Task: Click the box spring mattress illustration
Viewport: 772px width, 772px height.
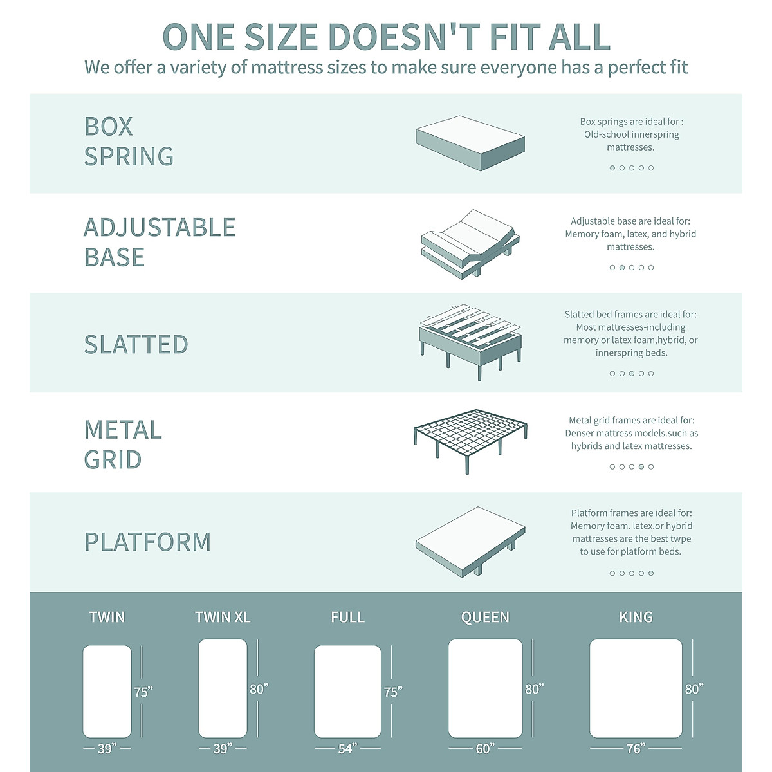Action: point(470,143)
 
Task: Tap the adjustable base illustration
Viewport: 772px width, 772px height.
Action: point(470,244)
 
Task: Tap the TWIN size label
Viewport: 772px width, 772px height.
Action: point(107,618)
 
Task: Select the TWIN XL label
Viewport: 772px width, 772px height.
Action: point(223,618)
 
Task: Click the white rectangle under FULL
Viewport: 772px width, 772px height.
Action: point(347,691)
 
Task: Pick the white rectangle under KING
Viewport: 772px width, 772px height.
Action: point(636,688)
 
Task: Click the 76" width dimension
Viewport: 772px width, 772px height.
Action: point(635,748)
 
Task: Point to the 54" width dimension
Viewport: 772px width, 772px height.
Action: point(347,748)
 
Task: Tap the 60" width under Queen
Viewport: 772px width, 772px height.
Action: point(485,748)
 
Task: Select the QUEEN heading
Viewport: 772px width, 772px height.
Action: point(485,618)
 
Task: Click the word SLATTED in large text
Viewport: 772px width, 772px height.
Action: point(136,345)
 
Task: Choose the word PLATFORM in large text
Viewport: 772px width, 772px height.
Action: point(148,542)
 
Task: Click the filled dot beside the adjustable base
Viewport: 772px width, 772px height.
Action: point(622,268)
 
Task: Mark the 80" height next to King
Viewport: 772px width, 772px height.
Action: point(694,689)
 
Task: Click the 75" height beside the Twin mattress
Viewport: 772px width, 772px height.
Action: point(143,692)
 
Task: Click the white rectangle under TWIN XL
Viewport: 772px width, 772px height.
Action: point(223,688)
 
